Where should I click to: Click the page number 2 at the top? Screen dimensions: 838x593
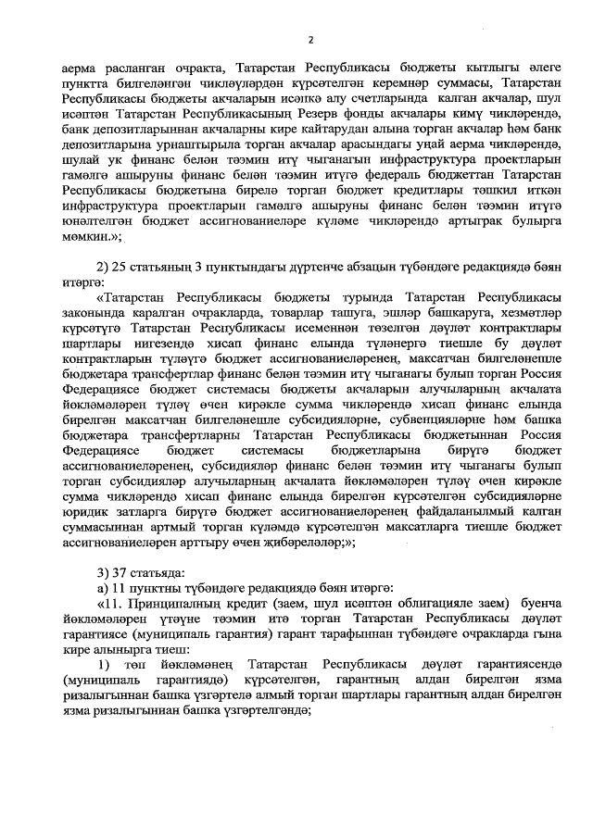[310, 40]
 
